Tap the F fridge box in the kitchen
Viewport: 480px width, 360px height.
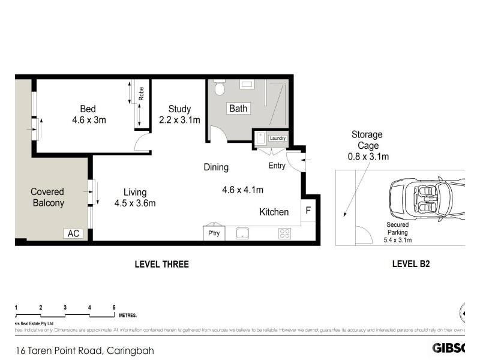308,211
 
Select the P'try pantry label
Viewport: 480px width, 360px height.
214,233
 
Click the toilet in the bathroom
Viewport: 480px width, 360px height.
220,89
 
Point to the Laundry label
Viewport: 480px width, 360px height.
277,138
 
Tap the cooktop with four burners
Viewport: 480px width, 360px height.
284,233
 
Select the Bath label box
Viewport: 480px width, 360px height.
238,109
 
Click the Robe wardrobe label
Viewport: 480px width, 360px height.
141,94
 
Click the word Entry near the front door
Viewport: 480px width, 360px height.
277,166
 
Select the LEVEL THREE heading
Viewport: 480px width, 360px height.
161,264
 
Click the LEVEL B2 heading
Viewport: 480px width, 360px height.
411,263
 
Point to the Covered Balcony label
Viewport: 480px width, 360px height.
47,197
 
